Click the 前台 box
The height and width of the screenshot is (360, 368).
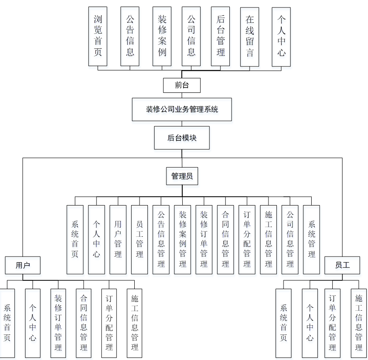coord(181,85)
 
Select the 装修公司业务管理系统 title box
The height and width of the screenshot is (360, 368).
coord(182,110)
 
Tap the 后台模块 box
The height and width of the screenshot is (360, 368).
coord(182,138)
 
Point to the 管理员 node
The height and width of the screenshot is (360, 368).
coord(182,176)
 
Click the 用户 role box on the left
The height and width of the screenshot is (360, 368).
coord(22,265)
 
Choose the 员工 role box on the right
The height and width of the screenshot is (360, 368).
coord(342,265)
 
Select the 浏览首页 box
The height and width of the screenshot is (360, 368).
coord(98,36)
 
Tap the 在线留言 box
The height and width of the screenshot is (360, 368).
coord(250,36)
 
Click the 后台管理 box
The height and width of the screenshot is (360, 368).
coord(221,36)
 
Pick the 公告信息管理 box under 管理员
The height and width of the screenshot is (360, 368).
coord(161,239)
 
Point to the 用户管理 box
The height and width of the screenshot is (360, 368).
coord(118,239)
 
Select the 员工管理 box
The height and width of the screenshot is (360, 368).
coord(140,239)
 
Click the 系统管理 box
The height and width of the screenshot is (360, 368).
coord(312,239)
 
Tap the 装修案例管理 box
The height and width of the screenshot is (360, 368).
coord(183,239)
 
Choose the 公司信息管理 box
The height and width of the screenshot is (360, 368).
coord(290,239)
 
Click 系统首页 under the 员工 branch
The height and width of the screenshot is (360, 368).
coord(283,323)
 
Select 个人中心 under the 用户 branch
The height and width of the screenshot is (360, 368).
coord(33,323)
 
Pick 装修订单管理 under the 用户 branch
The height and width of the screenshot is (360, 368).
coord(59,323)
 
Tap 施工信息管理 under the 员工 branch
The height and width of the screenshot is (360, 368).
coord(359,323)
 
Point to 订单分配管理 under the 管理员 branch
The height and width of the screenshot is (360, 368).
coord(247,239)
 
